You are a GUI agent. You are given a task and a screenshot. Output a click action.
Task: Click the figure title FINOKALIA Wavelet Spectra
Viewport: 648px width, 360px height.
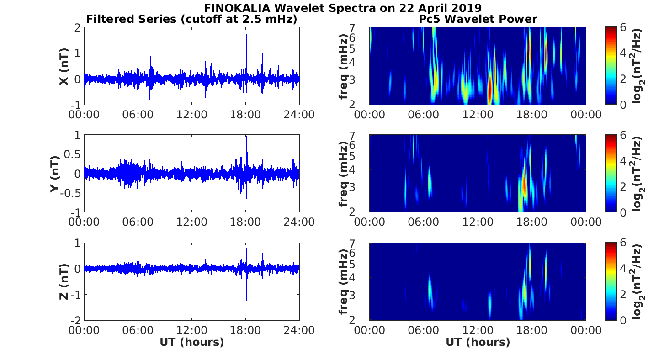tap(342, 8)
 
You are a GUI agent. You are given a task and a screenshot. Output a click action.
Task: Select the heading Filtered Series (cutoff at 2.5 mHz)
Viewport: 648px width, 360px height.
tap(191, 19)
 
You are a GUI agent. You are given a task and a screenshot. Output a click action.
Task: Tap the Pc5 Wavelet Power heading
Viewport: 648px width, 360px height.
tap(478, 19)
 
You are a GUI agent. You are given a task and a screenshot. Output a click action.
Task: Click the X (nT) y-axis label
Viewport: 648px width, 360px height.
tap(64, 67)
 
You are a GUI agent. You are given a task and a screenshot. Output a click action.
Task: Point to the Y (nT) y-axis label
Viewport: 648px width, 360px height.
tap(55, 174)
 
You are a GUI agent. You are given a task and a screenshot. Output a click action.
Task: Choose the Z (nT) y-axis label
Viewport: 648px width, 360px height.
tap(64, 281)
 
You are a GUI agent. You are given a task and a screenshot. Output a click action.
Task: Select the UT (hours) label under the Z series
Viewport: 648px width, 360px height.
tap(191, 342)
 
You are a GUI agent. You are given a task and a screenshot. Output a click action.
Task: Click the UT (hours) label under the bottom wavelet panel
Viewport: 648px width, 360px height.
tap(478, 342)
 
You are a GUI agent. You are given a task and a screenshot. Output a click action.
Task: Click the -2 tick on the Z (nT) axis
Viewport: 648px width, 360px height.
tap(75, 320)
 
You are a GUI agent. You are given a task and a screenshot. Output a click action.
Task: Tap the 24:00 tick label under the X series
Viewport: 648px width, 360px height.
tap(299, 114)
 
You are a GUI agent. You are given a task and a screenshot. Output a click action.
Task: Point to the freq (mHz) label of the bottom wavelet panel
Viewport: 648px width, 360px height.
tap(344, 281)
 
